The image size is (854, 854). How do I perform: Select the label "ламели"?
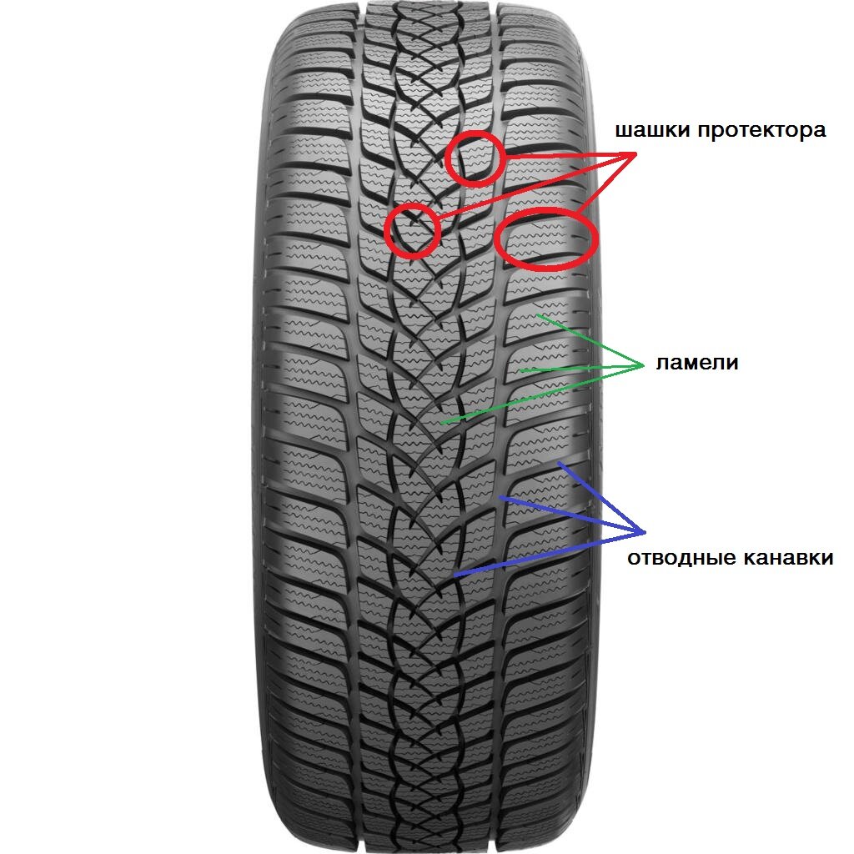tap(697, 364)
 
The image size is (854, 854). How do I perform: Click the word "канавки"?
tap(786, 558)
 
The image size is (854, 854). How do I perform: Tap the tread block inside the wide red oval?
tap(546, 239)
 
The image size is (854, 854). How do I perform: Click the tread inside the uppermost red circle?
tap(474, 158)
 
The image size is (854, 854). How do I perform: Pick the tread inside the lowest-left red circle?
tap(412, 229)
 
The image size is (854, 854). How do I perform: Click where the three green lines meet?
tap(642, 364)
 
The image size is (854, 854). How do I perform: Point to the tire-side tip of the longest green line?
tap(442, 423)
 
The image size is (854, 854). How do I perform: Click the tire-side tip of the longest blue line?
tap(454, 575)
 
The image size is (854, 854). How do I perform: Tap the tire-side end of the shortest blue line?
tap(560, 462)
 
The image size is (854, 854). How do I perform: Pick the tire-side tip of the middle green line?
tap(520, 369)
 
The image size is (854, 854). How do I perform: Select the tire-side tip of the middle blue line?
tap(499, 497)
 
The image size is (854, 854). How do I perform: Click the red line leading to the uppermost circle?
tap(567, 156)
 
